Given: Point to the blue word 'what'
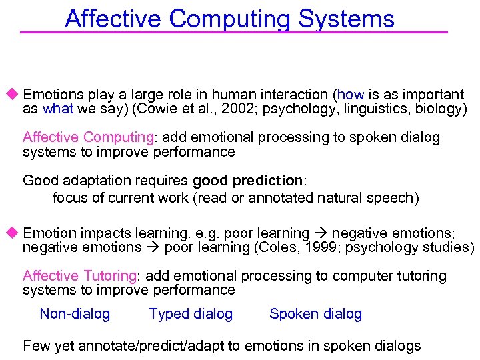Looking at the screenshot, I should (57, 109).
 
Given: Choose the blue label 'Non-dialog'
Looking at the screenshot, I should (75, 314).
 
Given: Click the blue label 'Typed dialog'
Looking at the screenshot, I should (191, 314).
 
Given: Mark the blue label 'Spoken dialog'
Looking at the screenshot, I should (315, 314).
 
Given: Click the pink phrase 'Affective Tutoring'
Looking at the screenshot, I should (79, 276).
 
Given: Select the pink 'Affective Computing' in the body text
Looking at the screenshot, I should (88, 137).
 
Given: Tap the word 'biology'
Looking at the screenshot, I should (439, 109).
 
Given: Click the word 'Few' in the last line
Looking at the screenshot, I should (36, 346).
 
